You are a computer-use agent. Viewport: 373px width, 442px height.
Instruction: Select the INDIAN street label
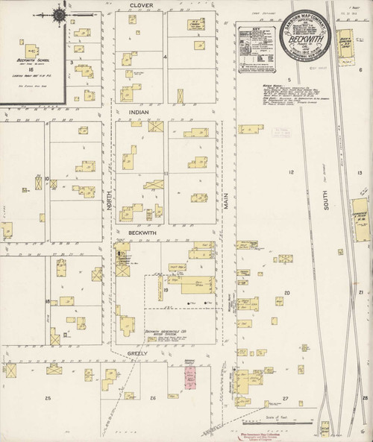[140, 112]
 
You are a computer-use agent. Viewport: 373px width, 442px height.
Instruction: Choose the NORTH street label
[110, 197]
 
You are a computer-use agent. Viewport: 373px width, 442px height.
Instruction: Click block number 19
[166, 300]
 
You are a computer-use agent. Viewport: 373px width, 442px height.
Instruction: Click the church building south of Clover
[195, 25]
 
